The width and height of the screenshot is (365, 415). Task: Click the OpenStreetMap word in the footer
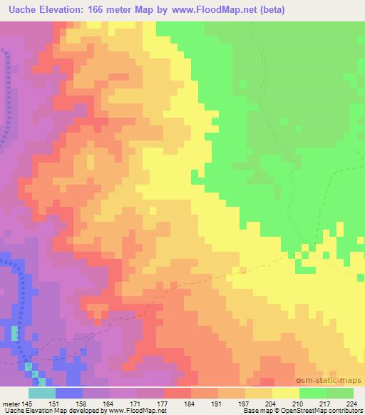tap(306, 411)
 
